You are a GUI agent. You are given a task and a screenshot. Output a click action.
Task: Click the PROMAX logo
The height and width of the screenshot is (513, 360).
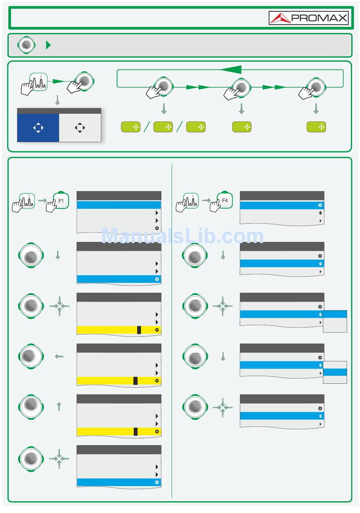308,18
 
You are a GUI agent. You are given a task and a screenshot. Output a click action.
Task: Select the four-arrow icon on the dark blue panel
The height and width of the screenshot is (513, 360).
38,128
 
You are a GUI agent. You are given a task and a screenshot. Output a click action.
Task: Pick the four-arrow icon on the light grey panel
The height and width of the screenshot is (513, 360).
80,128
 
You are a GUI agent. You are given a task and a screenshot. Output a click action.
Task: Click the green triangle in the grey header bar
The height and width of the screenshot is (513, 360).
48,45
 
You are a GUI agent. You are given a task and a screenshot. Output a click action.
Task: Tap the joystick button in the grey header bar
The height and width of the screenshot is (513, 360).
26,45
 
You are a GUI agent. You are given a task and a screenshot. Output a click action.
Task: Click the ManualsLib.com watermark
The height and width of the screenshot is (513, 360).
182,236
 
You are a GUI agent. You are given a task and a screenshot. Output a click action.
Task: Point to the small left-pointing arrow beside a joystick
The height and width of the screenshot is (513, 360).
59,356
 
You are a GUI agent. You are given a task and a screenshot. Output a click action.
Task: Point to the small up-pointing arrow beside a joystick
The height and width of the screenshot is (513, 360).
59,407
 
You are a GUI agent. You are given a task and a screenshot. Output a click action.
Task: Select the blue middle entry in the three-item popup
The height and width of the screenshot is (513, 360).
335,372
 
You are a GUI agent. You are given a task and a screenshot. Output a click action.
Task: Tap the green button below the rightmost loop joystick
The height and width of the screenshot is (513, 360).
316,127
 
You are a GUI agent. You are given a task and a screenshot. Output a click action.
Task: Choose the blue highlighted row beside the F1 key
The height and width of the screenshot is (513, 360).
119,205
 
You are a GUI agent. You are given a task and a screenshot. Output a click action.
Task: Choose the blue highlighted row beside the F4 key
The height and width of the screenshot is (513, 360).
282,206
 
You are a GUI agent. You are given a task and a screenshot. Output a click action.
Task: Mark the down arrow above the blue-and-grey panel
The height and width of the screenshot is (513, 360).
58,100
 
